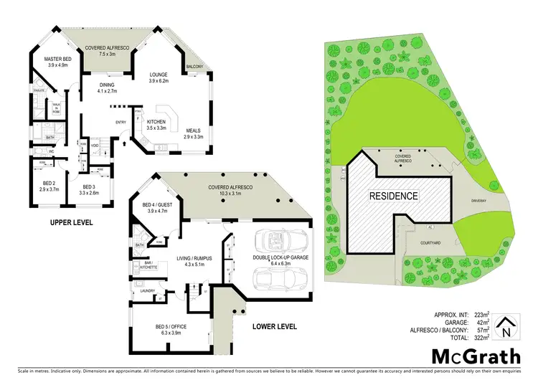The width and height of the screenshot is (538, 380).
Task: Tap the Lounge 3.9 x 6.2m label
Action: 159,77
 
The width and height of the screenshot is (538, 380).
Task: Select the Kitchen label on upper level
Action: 156,125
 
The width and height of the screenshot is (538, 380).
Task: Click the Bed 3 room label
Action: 90,189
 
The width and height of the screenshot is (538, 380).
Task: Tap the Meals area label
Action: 194,133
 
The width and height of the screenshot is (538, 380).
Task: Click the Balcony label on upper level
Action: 194,67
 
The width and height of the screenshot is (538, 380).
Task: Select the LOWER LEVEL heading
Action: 273,326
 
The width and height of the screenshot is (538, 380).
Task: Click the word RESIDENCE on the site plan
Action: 393,195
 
